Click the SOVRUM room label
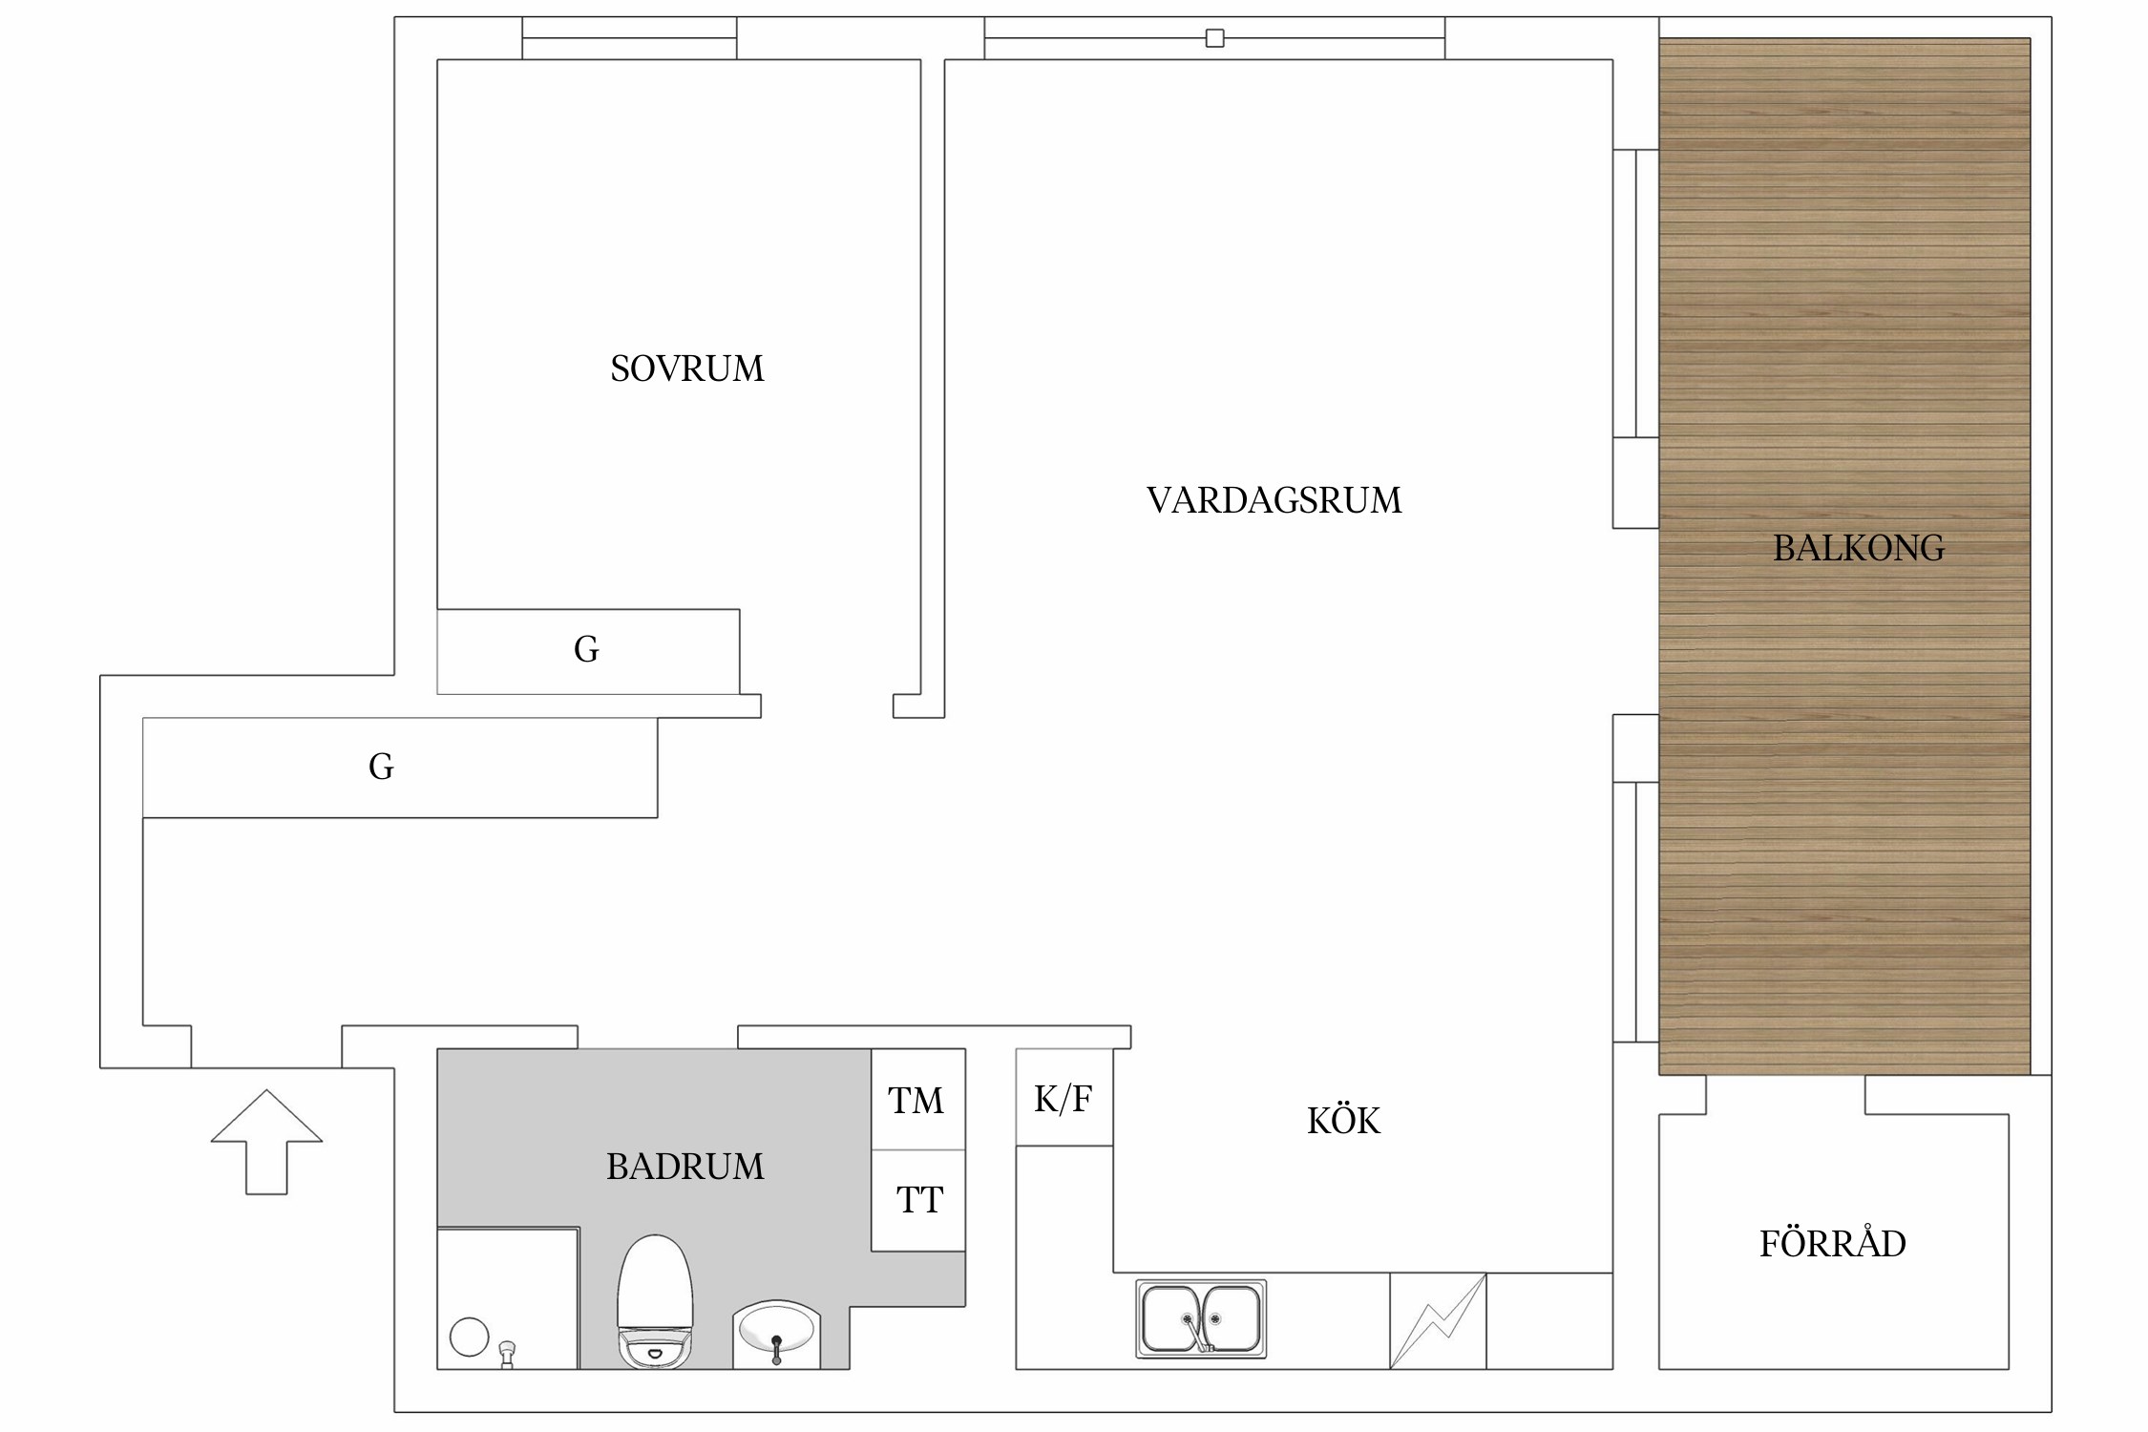687,369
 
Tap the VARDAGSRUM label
1274,500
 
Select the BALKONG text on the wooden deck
1858,548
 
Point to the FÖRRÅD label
1832,1244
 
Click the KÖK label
1343,1121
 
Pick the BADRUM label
684,1167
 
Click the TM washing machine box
916,1100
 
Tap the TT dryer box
918,1200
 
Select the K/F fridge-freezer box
1063,1099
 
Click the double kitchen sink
1201,1319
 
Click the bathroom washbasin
776,1333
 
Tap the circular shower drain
469,1337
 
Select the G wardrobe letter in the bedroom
586,650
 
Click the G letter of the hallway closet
381,767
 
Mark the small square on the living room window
1214,38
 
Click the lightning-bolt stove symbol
1438,1321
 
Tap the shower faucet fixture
507,1354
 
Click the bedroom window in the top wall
629,38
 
